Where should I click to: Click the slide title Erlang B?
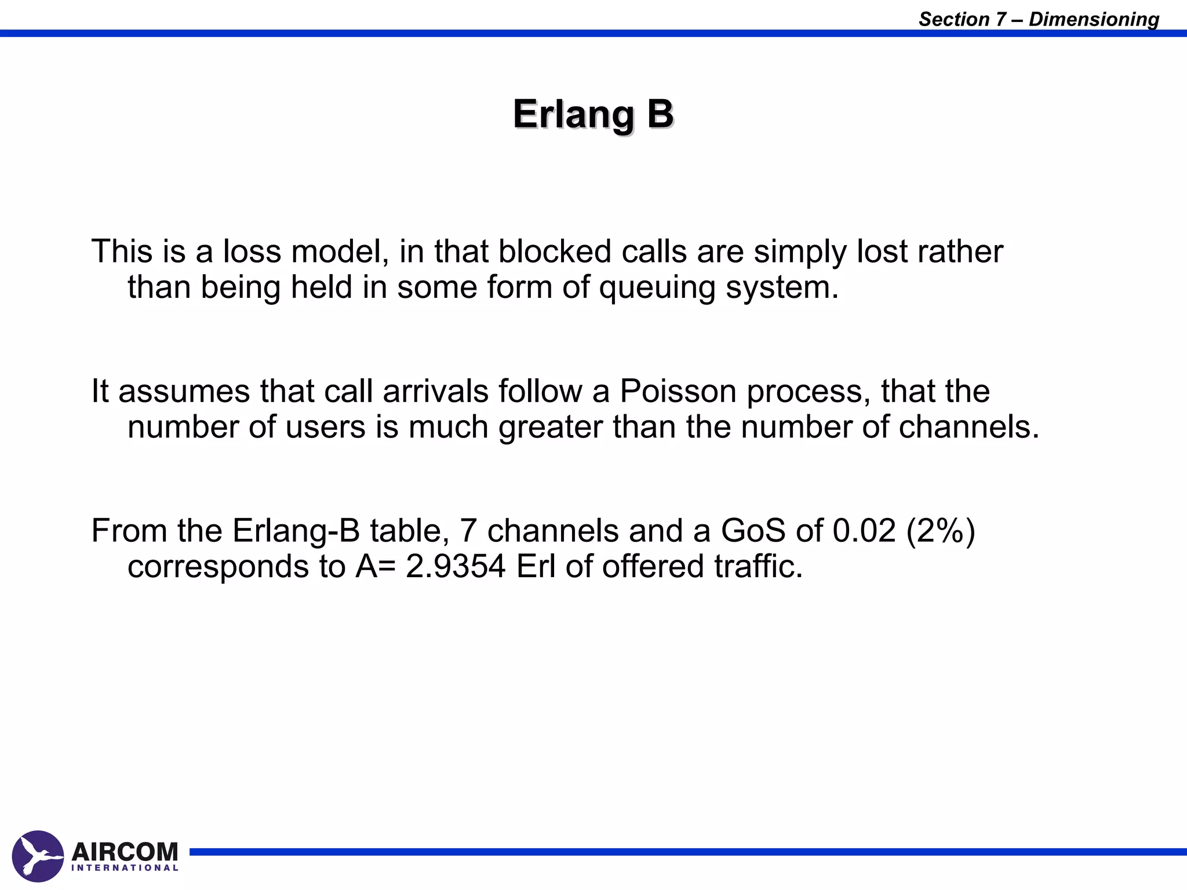point(593,114)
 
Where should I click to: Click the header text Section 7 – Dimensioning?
point(1039,19)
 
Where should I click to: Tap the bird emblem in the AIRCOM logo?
point(38,856)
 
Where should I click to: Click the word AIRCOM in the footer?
point(125,852)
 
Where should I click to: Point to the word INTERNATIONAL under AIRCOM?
point(125,868)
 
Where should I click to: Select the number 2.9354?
point(456,566)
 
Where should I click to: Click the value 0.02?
point(864,530)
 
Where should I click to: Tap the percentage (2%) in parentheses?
point(941,530)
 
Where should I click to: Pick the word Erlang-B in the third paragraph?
point(296,531)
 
